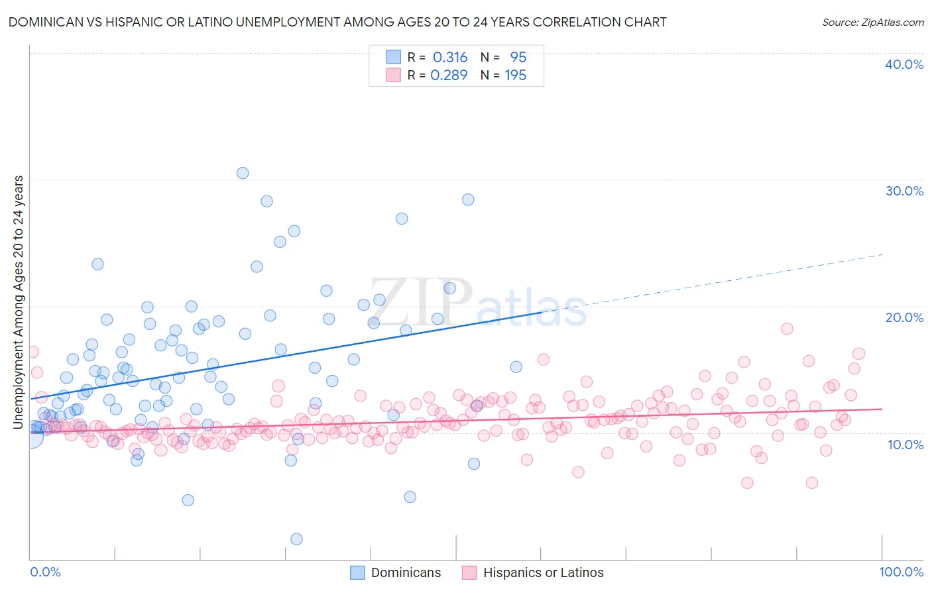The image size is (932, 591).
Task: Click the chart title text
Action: pos(337,22)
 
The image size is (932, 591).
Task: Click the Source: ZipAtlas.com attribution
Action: pos(872,22)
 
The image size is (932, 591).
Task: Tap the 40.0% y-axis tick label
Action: pos(904,64)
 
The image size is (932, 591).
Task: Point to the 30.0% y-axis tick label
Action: pos(904,191)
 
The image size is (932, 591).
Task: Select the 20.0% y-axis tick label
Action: pos(904,317)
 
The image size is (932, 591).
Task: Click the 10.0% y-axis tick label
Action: pos(905,445)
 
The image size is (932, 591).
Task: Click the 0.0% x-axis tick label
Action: pos(45,572)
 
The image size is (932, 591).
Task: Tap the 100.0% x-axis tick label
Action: pos(901,572)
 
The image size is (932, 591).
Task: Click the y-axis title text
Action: pos(18,301)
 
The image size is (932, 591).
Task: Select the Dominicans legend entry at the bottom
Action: pos(396,572)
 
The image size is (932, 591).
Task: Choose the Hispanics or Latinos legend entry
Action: pos(534,572)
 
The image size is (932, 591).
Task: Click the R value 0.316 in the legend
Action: pos(450,58)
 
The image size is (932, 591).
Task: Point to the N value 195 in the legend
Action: pos(515,76)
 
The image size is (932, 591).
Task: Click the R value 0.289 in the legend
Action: pos(449,76)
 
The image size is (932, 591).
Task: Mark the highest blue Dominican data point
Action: pos(243,173)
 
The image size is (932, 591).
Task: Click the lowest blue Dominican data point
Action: pos(296,539)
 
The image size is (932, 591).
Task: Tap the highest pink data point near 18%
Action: pos(787,329)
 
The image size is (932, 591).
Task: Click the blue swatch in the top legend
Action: pos(394,57)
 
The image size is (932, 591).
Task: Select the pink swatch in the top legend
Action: pos(394,75)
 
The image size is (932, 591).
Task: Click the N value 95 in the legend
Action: pos(518,58)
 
